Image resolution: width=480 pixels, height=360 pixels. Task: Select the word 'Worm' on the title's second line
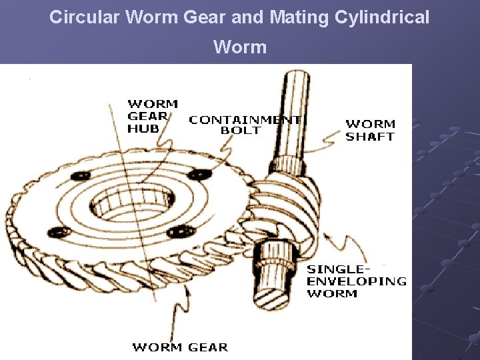pos(240,47)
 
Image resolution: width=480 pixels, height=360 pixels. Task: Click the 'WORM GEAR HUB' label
pos(152,116)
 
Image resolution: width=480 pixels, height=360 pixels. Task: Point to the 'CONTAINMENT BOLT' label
pos(244,125)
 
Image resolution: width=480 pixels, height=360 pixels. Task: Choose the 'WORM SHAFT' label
pos(370,130)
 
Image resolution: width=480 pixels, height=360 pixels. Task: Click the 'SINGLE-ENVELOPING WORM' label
pos(356,281)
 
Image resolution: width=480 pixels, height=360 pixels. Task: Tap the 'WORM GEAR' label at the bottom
pos(180,347)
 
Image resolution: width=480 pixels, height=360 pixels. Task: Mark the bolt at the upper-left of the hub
pos(81,176)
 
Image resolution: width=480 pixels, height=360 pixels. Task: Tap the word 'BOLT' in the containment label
pos(240,131)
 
